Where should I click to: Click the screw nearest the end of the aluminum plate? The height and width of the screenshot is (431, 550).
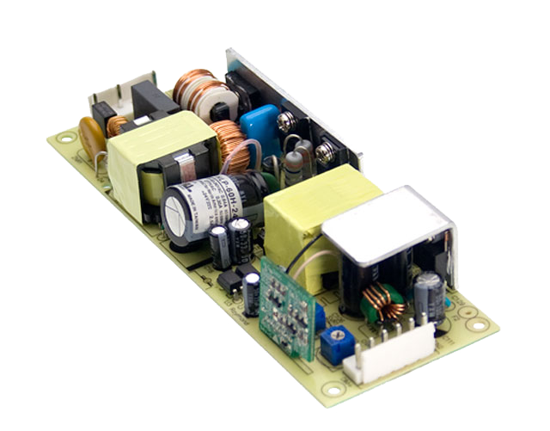click(x=326, y=154)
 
